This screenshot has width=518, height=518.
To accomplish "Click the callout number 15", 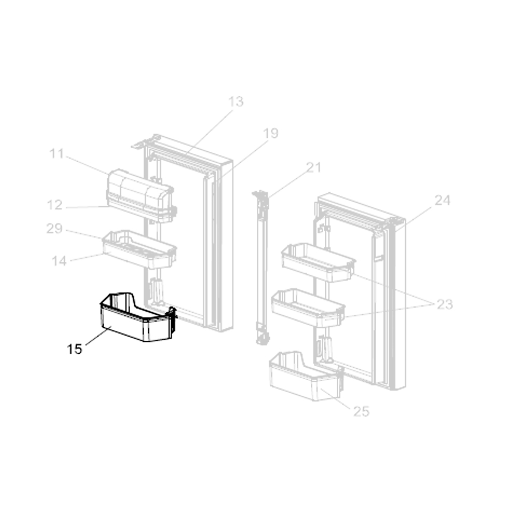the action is tap(74, 349).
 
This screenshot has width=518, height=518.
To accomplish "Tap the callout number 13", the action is tap(236, 102).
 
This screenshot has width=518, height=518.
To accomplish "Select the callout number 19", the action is tap(270, 133).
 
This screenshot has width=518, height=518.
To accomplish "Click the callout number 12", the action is tap(54, 205).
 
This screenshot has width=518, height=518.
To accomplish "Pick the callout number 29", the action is tap(54, 228).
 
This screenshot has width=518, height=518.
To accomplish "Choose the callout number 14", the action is tap(59, 261).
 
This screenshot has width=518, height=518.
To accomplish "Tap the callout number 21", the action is tap(314, 167).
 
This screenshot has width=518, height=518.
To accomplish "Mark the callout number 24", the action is tap(442, 200).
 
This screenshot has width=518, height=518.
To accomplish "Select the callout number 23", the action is tap(444, 304).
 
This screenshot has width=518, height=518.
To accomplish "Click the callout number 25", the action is tap(361, 411).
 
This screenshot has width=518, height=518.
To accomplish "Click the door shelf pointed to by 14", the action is tap(139, 250).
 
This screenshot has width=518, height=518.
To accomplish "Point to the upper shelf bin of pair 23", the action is tap(319, 263).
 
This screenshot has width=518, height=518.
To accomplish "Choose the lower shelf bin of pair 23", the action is tap(308, 308).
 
